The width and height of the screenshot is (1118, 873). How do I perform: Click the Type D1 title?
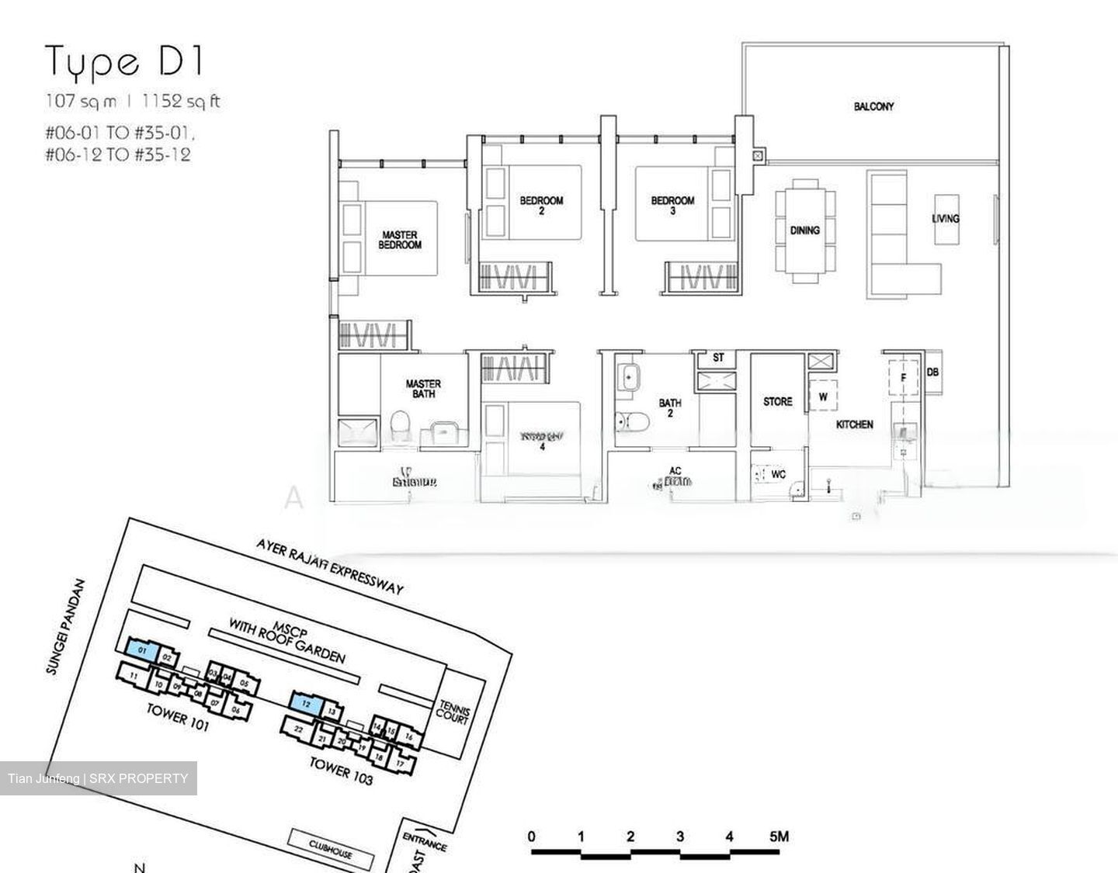[124, 62]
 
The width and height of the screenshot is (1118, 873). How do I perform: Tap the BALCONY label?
[873, 106]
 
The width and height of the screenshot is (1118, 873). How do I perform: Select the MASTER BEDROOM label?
[400, 240]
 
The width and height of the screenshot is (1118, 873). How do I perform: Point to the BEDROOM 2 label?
[541, 205]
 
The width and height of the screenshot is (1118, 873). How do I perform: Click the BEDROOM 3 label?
[672, 205]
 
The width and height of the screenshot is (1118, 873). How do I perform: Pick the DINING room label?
[805, 230]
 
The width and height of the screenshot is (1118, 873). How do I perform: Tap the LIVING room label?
[945, 219]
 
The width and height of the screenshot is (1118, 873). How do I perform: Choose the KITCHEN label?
[854, 424]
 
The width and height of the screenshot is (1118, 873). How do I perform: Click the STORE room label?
[777, 402]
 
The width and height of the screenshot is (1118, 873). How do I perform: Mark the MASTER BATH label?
[423, 389]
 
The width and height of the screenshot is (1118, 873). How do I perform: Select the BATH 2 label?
[669, 408]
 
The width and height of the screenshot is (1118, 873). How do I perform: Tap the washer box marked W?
[823, 397]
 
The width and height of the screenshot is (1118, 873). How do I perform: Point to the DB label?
[932, 372]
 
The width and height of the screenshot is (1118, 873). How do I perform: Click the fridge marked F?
[903, 378]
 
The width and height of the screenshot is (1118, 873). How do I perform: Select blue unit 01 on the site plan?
[143, 650]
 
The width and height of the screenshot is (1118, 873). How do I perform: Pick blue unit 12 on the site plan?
[307, 704]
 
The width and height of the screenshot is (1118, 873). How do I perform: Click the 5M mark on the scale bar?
[779, 837]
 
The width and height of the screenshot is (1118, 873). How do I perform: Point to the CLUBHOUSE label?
[332, 848]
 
